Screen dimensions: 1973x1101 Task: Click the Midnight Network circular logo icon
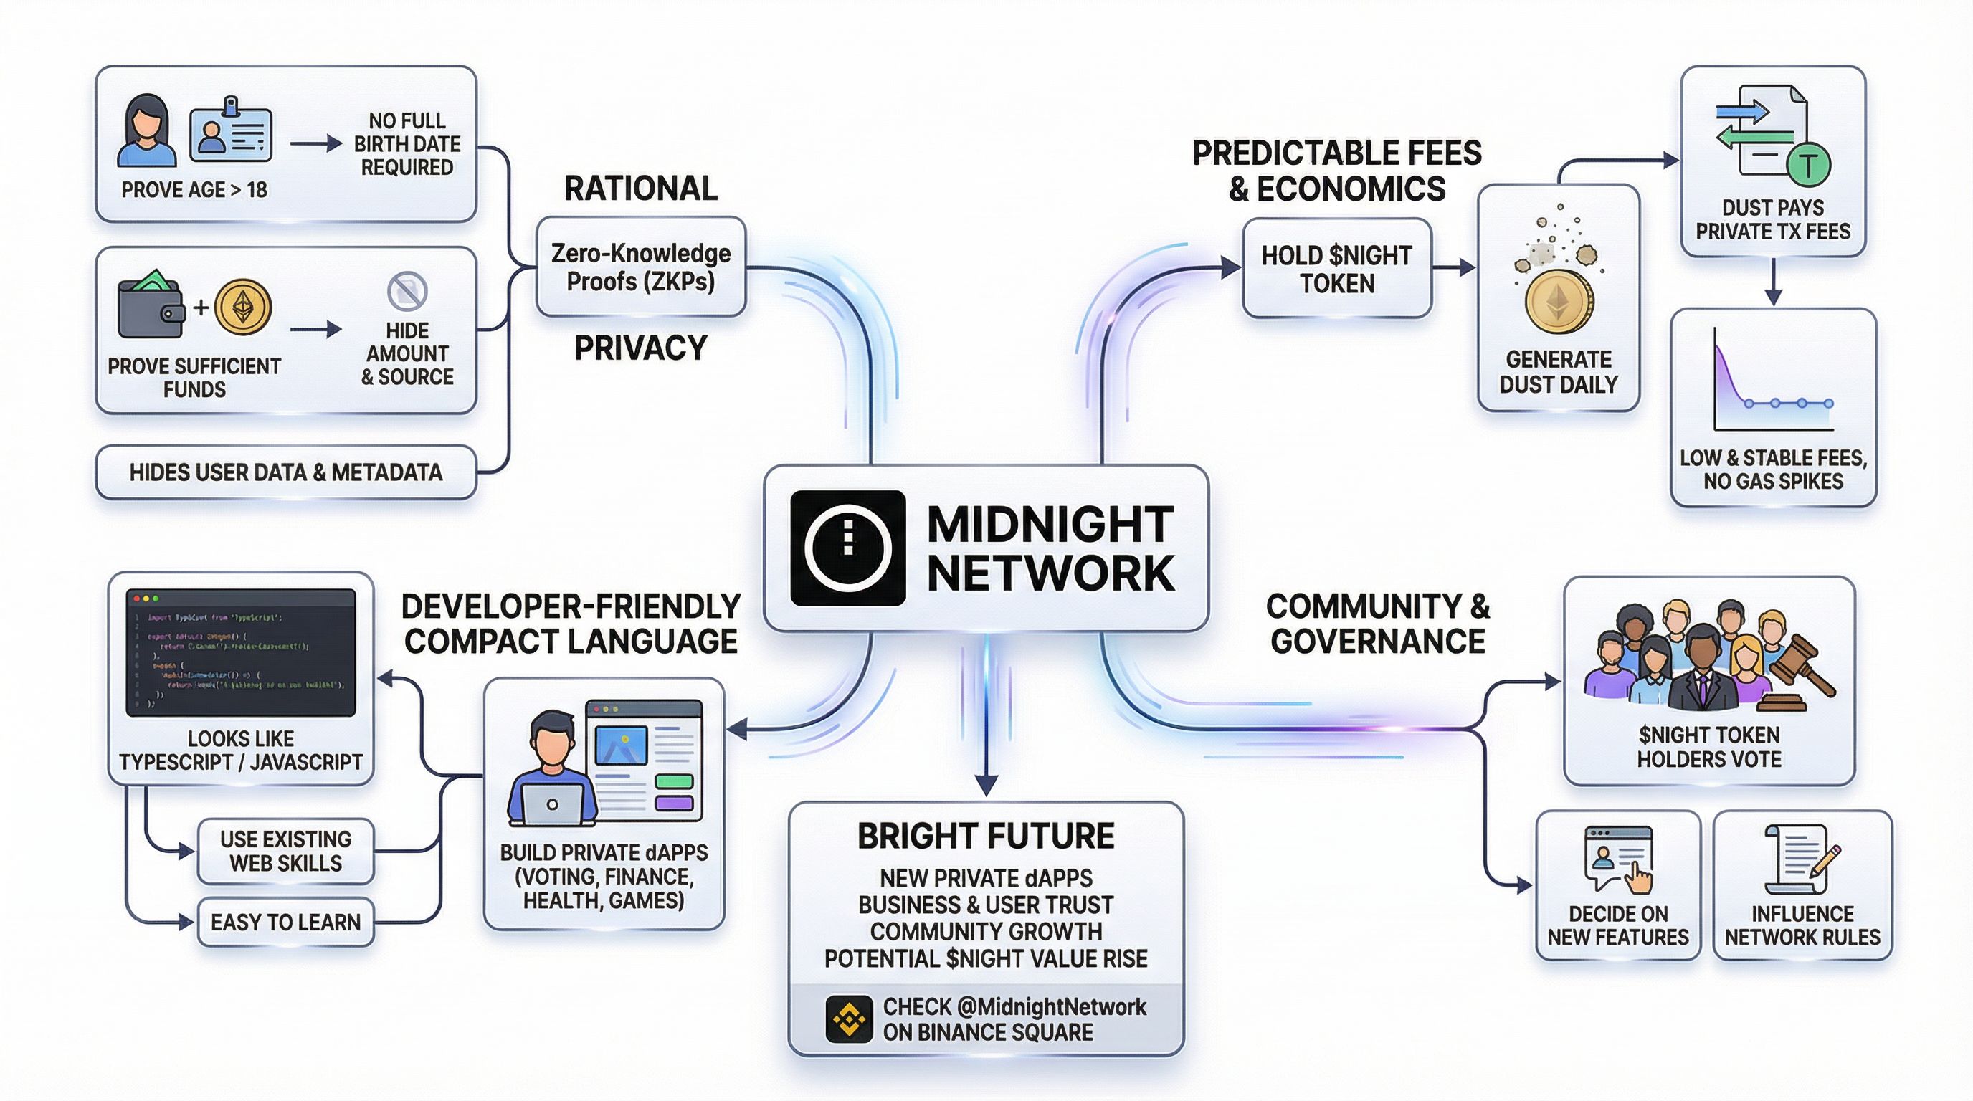(848, 548)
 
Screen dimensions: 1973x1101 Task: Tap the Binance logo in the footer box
(849, 1019)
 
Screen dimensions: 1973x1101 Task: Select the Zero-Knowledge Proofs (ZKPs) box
(641, 267)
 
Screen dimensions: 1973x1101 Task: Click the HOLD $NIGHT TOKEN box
(1336, 269)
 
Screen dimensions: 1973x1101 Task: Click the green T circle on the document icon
(1807, 165)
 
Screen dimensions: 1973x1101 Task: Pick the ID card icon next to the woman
(231, 133)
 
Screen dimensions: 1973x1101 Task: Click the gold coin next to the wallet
(243, 307)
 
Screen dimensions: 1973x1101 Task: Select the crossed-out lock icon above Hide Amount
(407, 291)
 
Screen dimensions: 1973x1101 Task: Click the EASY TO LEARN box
(285, 922)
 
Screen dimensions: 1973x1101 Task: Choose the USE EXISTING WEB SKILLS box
(285, 851)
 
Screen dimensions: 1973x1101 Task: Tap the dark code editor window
(240, 652)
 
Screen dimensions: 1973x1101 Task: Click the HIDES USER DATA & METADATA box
(285, 472)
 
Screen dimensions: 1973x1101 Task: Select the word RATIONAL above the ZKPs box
(641, 189)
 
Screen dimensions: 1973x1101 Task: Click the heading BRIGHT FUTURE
(986, 836)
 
